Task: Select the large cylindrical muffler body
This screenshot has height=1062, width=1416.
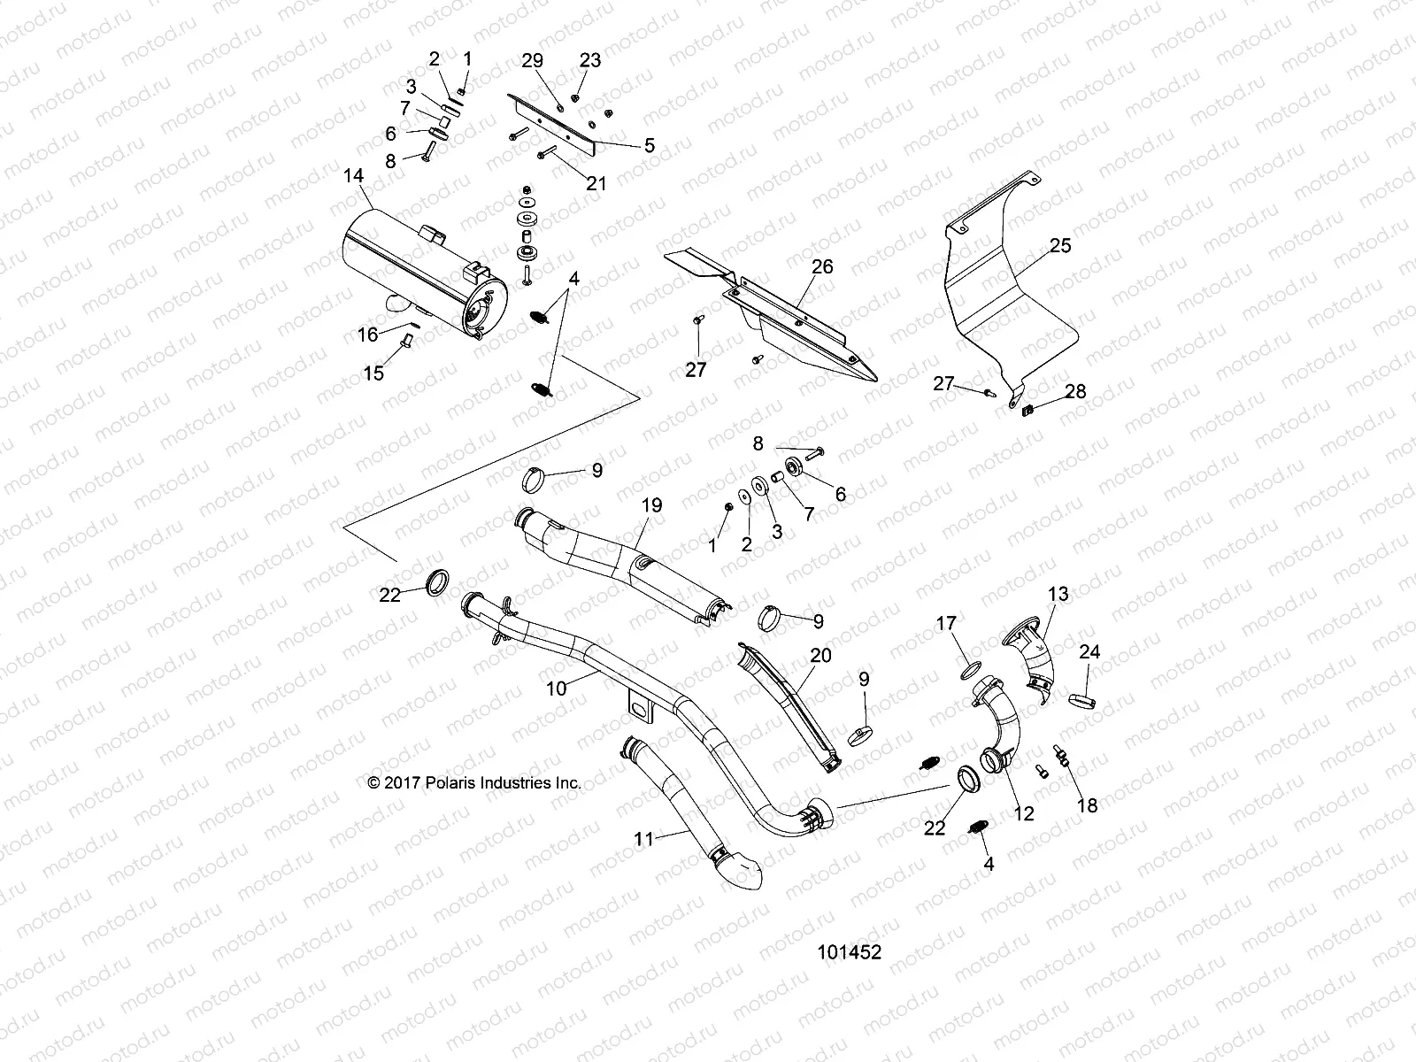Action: point(416,265)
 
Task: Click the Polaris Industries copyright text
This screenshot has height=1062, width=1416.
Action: point(474,782)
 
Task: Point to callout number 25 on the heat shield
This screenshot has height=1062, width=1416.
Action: point(1059,245)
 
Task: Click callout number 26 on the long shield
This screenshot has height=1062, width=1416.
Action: point(822,266)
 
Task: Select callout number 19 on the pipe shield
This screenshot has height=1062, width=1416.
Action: point(651,506)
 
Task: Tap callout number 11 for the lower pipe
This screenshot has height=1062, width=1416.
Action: point(644,838)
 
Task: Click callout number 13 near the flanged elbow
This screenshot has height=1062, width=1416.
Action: point(1058,594)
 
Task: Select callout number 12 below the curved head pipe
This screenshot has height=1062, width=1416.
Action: point(1023,814)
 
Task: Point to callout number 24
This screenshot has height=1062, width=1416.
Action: point(1089,652)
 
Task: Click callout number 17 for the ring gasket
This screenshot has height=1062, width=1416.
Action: point(946,624)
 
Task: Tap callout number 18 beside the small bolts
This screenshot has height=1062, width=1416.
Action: point(1087,804)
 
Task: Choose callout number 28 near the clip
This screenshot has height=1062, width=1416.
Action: point(1075,391)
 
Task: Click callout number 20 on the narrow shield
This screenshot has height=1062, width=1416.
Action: point(820,656)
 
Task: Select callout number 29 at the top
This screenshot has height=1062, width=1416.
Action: point(532,60)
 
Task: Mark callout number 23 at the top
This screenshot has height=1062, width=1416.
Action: point(589,60)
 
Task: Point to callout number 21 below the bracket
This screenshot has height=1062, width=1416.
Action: point(596,183)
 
